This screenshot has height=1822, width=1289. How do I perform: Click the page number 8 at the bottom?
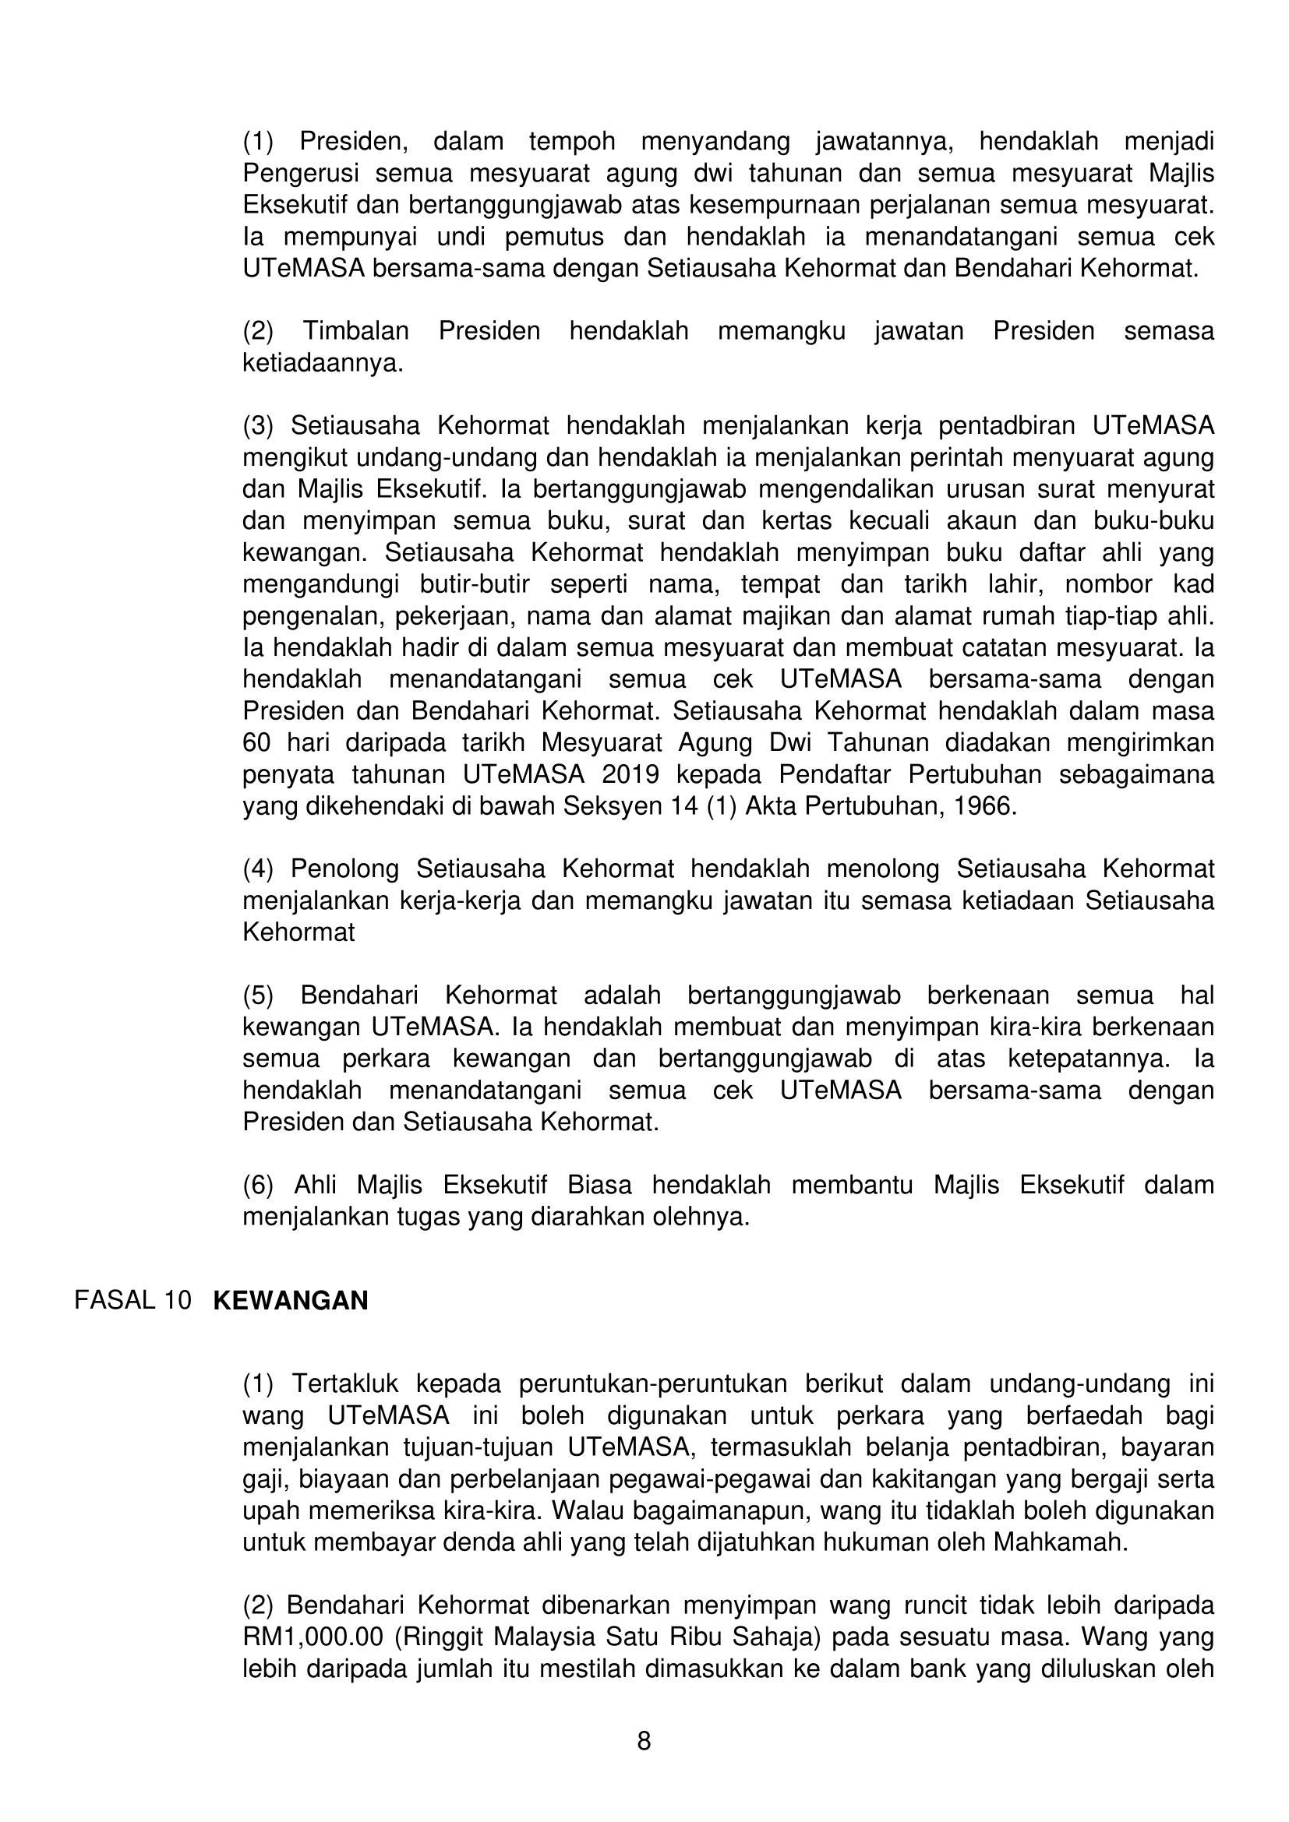pos(644,1740)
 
